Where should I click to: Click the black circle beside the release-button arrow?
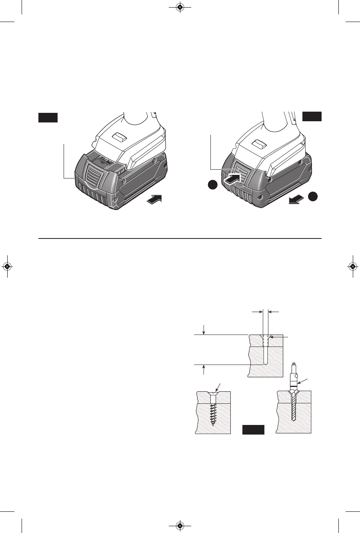pyautogui.click(x=213, y=185)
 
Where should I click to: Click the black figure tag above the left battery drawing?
pyautogui.click(x=48, y=117)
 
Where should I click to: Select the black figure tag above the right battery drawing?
pyautogui.click(x=312, y=116)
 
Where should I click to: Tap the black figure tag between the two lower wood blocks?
pyautogui.click(x=253, y=430)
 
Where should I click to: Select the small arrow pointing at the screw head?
pyautogui.click(x=218, y=387)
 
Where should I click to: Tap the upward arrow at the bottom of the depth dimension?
pyautogui.click(x=204, y=369)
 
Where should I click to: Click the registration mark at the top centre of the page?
pyautogui.click(x=180, y=7)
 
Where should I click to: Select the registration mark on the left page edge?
pyautogui.click(x=7, y=266)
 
